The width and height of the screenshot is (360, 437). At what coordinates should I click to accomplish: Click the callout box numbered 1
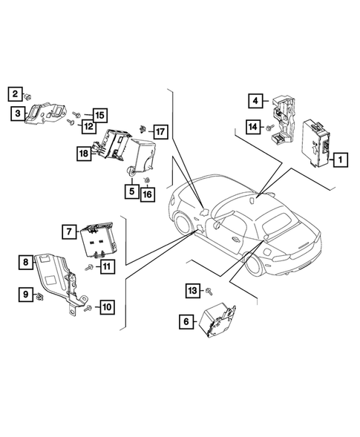tap(339, 159)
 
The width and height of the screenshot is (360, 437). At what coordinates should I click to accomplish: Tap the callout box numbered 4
tap(254, 101)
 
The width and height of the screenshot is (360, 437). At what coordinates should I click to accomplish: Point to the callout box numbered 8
tap(27, 262)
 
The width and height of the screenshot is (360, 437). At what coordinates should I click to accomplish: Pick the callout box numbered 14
tap(253, 128)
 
